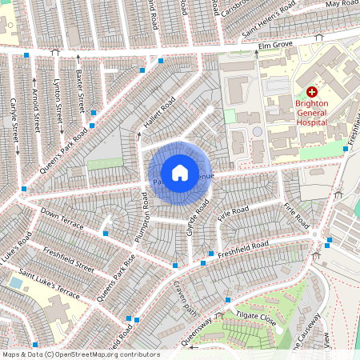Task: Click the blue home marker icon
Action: click(179, 173)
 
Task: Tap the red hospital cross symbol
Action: click(311, 93)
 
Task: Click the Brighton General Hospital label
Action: click(311, 113)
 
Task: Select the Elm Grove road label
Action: click(276, 46)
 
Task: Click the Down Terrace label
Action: click(62, 221)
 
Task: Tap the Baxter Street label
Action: click(79, 90)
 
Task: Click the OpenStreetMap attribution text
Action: click(80, 354)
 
